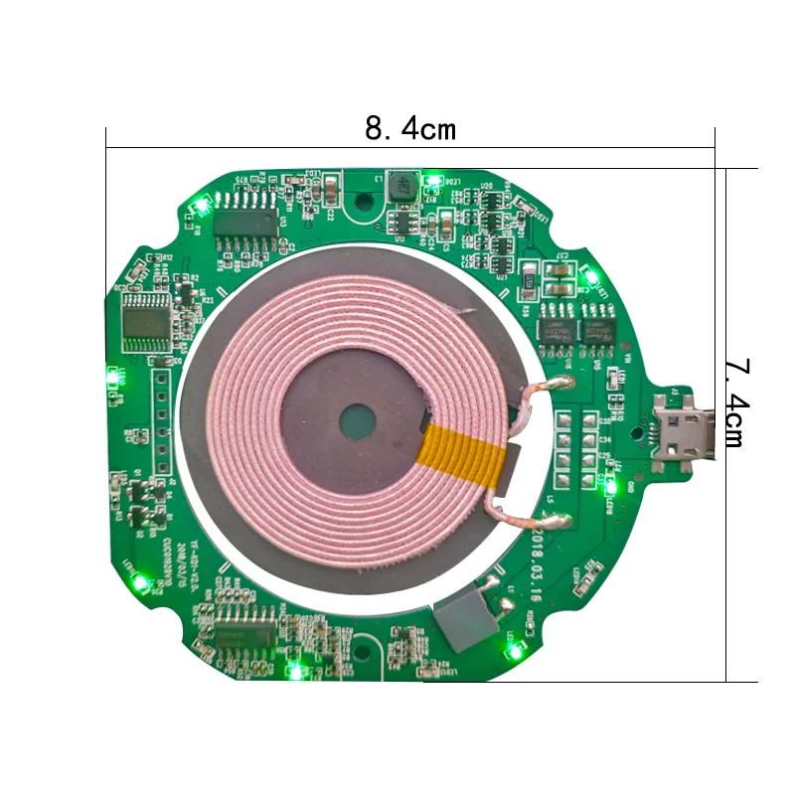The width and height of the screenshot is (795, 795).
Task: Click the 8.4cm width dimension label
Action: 409,128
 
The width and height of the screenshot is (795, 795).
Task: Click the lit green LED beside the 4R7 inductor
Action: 434,181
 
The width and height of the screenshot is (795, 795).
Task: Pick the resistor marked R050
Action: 529,282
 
